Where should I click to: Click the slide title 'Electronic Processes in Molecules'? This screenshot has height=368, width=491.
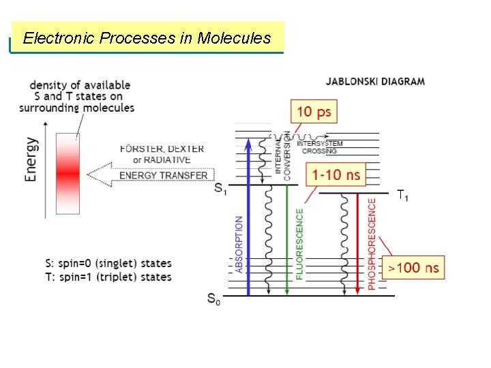pyautogui.click(x=147, y=38)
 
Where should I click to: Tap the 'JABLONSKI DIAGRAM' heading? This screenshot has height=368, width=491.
pyautogui.click(x=375, y=81)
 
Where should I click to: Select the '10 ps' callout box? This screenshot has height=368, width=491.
pyautogui.click(x=314, y=112)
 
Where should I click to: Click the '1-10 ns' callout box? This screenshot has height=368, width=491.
pyautogui.click(x=336, y=175)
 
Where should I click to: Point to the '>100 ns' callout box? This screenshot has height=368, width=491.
pyautogui.click(x=413, y=267)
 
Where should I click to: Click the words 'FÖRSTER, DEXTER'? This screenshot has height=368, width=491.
pyautogui.click(x=162, y=149)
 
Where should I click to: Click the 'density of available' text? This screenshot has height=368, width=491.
pyautogui.click(x=80, y=85)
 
